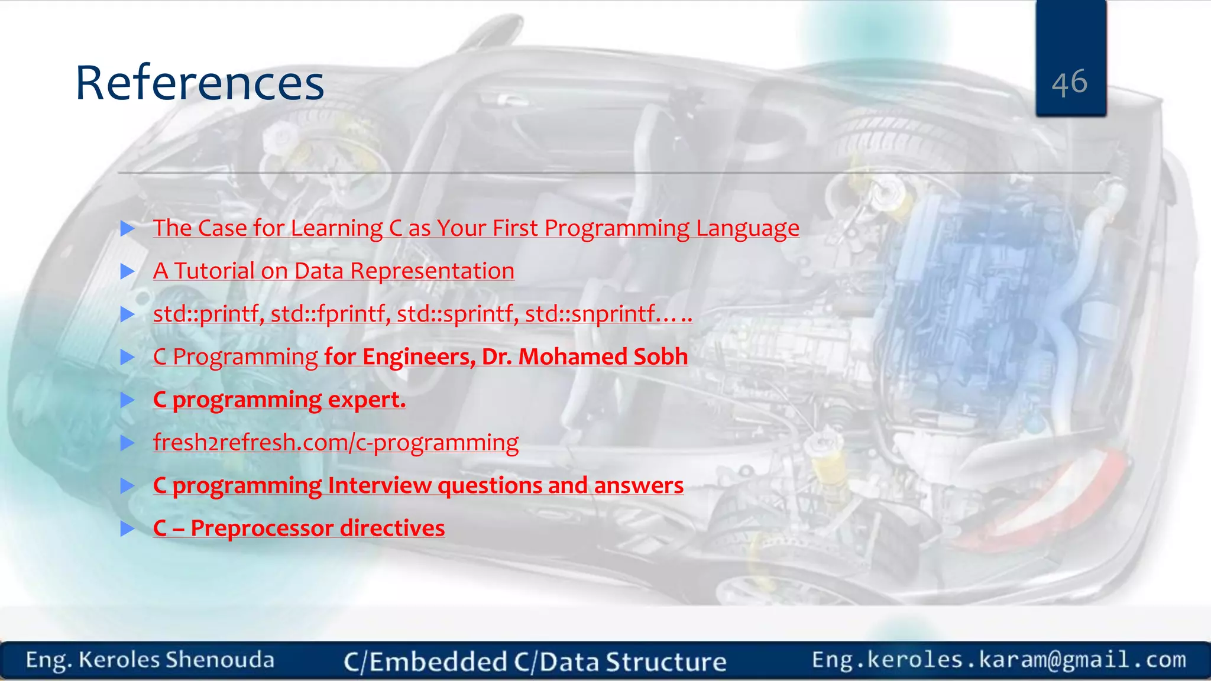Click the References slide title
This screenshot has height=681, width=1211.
[200, 83]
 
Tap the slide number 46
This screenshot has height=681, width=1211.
[1070, 82]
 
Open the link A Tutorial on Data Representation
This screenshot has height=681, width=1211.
[333, 271]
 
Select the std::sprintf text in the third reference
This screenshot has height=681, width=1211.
[457, 314]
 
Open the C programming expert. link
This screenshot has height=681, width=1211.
[279, 400]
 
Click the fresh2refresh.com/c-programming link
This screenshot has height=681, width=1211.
[335, 442]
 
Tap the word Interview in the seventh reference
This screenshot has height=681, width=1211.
[380, 485]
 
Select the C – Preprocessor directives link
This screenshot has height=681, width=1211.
[299, 528]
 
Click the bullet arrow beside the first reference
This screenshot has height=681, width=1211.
[128, 229]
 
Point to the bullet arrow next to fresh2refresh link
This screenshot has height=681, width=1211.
[128, 443]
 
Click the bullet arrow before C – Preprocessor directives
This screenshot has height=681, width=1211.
[128, 528]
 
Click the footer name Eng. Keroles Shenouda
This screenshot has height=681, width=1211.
[150, 660]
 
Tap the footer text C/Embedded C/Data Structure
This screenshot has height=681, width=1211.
[535, 661]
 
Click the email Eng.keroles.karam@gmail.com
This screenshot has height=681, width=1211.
[999, 660]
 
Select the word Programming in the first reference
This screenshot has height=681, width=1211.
[617, 228]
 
